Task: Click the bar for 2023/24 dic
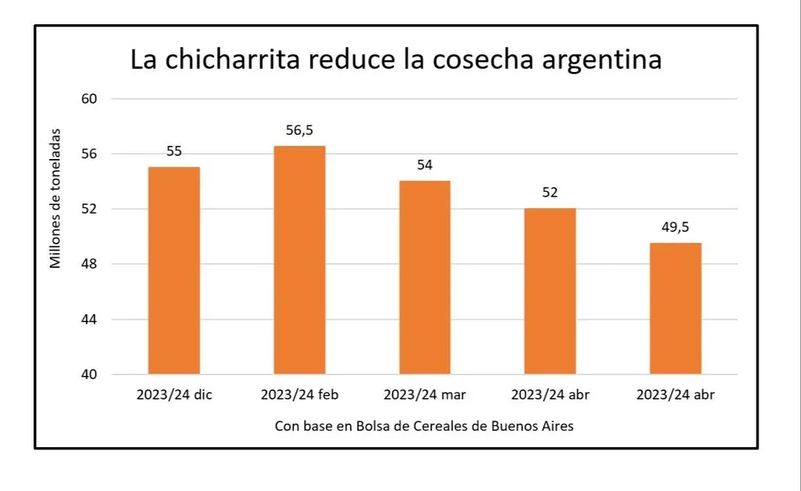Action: [174, 270]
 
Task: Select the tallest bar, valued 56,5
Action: [299, 260]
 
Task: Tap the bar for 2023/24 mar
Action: [425, 277]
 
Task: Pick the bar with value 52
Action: [550, 291]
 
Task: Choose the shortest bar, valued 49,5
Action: [676, 308]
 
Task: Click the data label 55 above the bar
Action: [174, 151]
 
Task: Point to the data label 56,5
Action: [299, 130]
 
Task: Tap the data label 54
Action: [425, 165]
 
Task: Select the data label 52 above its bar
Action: [550, 193]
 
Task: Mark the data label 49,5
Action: [676, 227]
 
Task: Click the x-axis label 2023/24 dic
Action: [174, 395]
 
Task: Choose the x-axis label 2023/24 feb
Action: [299, 395]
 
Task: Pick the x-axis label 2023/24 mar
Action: [425, 395]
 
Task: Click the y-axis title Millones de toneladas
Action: [56, 199]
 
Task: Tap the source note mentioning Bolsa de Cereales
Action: [425, 426]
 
